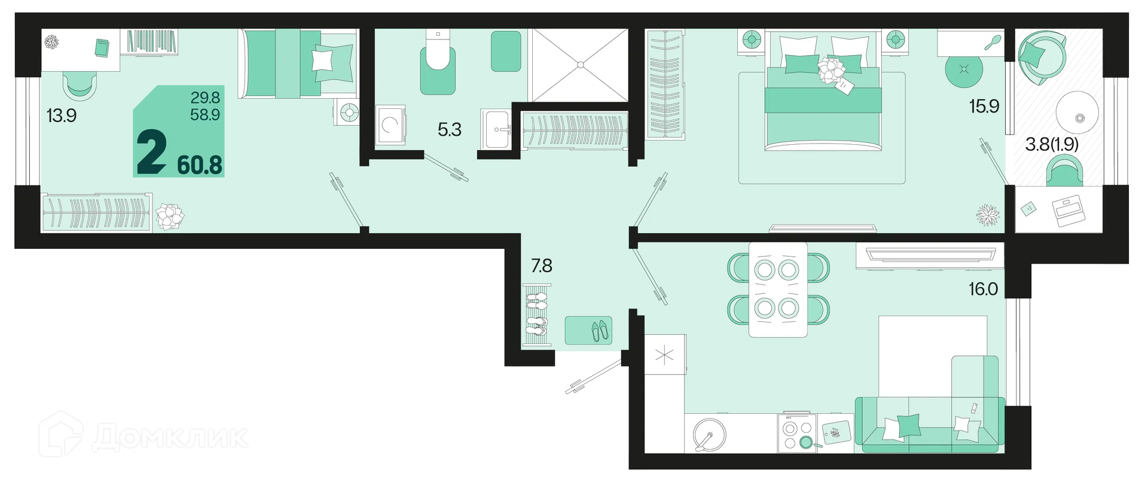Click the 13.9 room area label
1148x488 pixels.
(62, 115)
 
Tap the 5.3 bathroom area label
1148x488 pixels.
(450, 129)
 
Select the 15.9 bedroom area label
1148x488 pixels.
(984, 106)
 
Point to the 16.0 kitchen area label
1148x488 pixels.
(984, 289)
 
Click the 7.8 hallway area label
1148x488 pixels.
(542, 266)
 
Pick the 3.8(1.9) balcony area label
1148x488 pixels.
(1052, 144)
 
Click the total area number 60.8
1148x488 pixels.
(200, 164)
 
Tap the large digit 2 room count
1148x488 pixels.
(152, 153)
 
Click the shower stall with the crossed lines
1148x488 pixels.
(578, 65)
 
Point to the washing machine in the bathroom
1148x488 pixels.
(390, 125)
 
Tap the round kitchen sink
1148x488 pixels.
(709, 433)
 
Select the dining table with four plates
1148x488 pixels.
(778, 289)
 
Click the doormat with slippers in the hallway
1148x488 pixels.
(588, 330)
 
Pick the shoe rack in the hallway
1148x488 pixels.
(536, 315)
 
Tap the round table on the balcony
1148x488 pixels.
(1077, 114)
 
